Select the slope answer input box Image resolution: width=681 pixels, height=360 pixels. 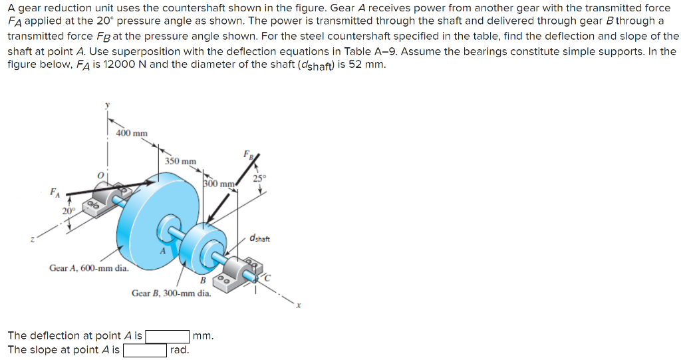[144, 350]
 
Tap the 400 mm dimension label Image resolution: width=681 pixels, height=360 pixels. [132, 133]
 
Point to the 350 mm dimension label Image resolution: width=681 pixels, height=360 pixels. [180, 161]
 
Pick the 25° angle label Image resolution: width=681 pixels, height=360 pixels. [259, 178]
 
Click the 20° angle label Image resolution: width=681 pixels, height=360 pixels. [68, 211]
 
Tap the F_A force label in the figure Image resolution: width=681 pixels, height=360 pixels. [54, 194]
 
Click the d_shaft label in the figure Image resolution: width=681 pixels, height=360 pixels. [260, 238]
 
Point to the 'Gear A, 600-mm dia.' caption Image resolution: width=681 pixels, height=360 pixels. [89, 268]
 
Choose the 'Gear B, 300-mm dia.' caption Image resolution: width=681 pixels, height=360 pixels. [171, 293]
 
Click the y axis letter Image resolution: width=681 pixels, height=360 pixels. [106, 104]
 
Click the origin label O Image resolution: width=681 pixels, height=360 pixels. [100, 174]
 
